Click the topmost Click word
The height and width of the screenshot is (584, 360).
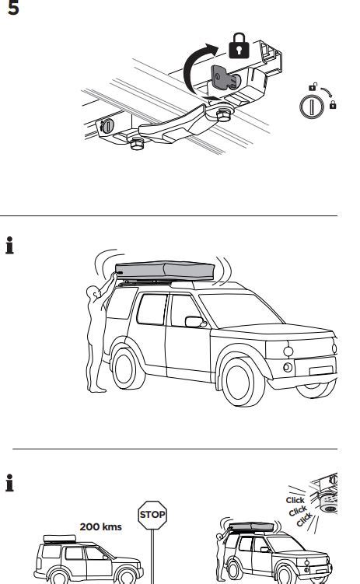pos(295,500)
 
